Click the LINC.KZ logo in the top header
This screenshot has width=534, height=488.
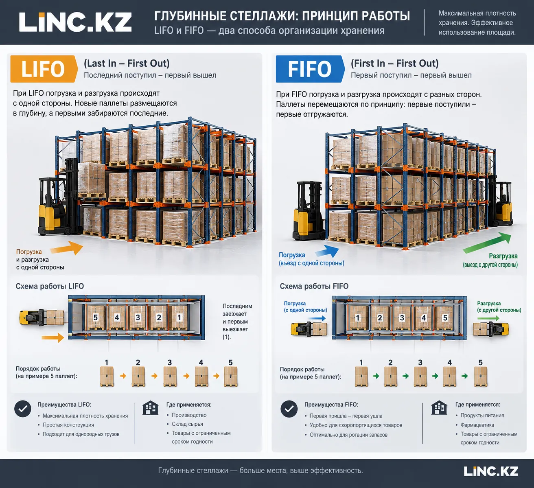coord(75,22)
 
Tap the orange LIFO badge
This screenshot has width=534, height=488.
coord(44,69)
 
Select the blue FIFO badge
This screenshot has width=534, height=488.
coord(310,69)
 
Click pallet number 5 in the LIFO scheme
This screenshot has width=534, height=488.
coord(96,317)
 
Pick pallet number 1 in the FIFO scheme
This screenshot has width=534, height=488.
coord(358,317)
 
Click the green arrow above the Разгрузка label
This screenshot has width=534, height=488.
coord(487,242)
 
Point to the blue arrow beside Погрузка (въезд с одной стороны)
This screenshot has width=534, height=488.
coord(327,251)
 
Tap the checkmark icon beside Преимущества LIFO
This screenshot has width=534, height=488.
coord(23,409)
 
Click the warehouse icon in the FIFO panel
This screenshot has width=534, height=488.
coord(439,407)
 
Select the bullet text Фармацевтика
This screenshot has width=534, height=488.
coord(477,425)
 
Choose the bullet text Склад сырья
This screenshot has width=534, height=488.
coord(187,424)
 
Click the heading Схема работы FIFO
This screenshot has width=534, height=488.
coord(314,286)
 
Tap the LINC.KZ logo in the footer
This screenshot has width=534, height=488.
coord(491,471)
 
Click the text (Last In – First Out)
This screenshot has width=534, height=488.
coord(127,63)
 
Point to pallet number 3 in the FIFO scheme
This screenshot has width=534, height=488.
coord(402,317)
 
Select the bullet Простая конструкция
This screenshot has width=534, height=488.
coord(68,425)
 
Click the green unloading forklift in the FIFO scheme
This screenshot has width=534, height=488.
coord(490,329)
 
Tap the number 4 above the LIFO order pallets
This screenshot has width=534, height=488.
coord(201,362)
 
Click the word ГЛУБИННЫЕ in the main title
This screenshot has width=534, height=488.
coord(190,16)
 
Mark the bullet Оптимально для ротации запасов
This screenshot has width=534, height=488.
coord(348,435)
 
